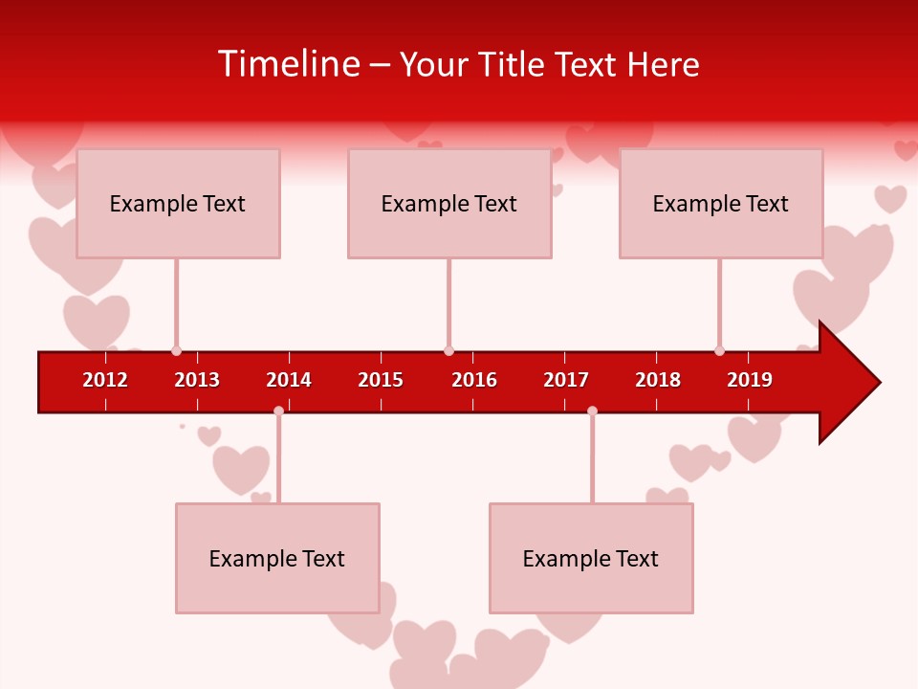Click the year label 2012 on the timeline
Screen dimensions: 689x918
pyautogui.click(x=105, y=380)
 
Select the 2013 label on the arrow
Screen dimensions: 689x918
pyautogui.click(x=197, y=380)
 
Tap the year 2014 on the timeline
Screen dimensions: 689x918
pyautogui.click(x=289, y=380)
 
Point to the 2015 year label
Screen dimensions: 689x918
pyautogui.click(x=381, y=380)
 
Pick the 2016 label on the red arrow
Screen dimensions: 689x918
pyautogui.click(x=474, y=380)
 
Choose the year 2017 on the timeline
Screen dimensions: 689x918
pyautogui.click(x=566, y=380)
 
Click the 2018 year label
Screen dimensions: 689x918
pyautogui.click(x=658, y=380)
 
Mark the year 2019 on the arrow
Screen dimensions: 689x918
pyautogui.click(x=750, y=380)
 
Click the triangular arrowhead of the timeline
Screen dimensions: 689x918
pyautogui.click(x=847, y=383)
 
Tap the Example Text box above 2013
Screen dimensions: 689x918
pyautogui.click(x=178, y=203)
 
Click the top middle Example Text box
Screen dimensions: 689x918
pyautogui.click(x=449, y=203)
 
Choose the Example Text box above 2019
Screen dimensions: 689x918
pyautogui.click(x=721, y=203)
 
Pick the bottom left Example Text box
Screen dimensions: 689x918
pyautogui.click(x=277, y=558)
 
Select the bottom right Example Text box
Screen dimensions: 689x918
pyautogui.click(x=591, y=558)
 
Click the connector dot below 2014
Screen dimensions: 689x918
pyautogui.click(x=278, y=411)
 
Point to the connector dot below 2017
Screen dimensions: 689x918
pyautogui.click(x=592, y=411)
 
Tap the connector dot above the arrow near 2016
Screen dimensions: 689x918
pyautogui.click(x=448, y=351)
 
